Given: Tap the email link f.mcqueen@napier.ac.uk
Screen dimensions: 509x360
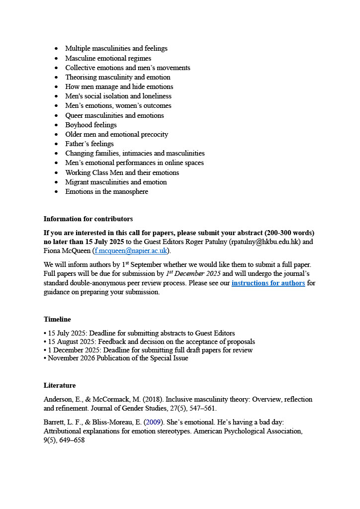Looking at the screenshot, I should coord(131,251).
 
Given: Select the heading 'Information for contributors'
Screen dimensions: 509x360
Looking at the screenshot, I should coord(88,219).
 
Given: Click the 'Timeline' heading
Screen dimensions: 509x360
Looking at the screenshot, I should coord(57,319).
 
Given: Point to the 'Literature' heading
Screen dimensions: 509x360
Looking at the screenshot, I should coord(60,385).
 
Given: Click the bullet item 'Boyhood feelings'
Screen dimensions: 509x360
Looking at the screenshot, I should coord(91,125).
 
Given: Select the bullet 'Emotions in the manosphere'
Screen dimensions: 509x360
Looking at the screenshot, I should coord(106,191).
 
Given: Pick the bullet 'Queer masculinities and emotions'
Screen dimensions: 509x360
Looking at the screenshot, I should coord(114,115).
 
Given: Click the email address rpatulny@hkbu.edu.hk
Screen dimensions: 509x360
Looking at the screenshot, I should coord(264,242).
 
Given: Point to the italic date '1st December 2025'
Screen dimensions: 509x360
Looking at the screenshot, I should coord(194,273).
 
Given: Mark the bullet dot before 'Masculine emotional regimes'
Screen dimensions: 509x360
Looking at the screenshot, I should coord(56,58).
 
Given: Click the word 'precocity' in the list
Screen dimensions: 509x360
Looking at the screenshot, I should coord(153,134).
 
